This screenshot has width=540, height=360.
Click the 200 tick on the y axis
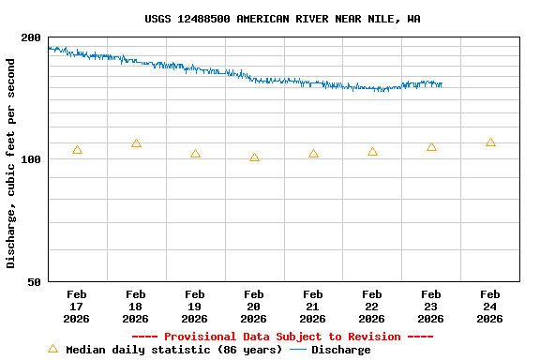31,37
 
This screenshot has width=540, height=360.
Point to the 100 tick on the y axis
31,159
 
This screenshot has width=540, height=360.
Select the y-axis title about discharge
11,163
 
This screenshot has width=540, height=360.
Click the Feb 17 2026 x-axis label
77,307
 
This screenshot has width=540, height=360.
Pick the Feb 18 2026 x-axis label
136,307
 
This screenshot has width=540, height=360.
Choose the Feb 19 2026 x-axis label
195,307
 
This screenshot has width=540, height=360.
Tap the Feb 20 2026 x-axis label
254,307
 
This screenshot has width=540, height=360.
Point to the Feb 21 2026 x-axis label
313,307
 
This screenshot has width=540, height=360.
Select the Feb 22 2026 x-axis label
372,307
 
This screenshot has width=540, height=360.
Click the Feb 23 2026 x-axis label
431,307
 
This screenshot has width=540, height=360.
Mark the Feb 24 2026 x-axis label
490,307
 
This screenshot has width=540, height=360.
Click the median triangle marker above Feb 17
77,150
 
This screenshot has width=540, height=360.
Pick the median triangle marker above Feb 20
254,157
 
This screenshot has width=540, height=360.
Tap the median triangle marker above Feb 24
490,142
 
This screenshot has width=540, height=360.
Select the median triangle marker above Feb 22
372,152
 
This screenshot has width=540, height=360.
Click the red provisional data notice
282,337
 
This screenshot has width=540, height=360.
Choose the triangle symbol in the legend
53,349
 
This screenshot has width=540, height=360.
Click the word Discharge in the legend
340,350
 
